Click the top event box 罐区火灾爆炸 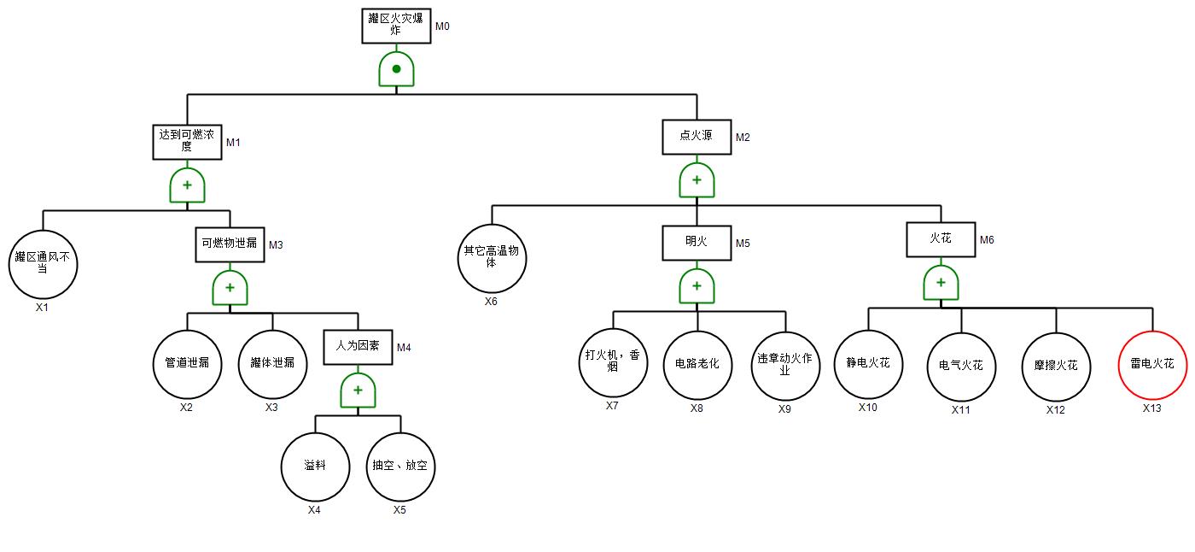pyautogui.click(x=396, y=25)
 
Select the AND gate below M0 pyautogui.click(x=397, y=69)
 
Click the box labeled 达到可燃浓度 pyautogui.click(x=187, y=141)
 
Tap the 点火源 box pyautogui.click(x=697, y=137)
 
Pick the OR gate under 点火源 pyautogui.click(x=697, y=180)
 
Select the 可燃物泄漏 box pyautogui.click(x=230, y=244)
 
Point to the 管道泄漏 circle pyautogui.click(x=187, y=363)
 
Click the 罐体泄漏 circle pyautogui.click(x=272, y=363)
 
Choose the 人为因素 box pyautogui.click(x=358, y=347)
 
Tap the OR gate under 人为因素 pyautogui.click(x=358, y=391)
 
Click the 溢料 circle pyautogui.click(x=315, y=467)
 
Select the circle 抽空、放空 pyautogui.click(x=400, y=467)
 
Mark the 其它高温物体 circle pyautogui.click(x=492, y=258)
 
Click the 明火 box pyautogui.click(x=697, y=243)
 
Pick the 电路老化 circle pyautogui.click(x=697, y=364)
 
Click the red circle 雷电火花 pyautogui.click(x=1152, y=364)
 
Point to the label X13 pyautogui.click(x=1152, y=408)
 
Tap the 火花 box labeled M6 pyautogui.click(x=941, y=239)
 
